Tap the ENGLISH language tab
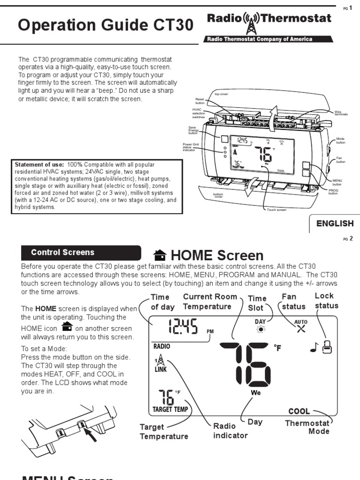(x=335, y=224)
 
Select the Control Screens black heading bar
(x=81, y=253)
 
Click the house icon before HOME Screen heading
(x=160, y=255)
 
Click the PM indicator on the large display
(x=210, y=331)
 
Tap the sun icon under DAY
(x=260, y=330)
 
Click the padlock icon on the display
(x=327, y=347)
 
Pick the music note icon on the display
(x=314, y=347)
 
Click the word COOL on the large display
(x=299, y=411)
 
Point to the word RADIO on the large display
(x=161, y=347)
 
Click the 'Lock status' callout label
(x=326, y=300)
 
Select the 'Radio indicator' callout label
(x=230, y=431)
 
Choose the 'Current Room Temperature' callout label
(x=207, y=301)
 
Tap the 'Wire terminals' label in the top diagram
(x=341, y=113)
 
